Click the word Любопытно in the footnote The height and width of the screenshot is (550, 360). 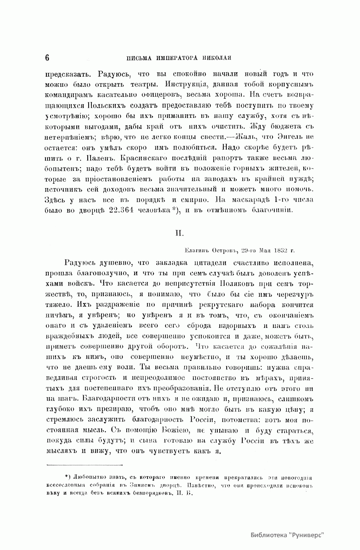90,478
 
